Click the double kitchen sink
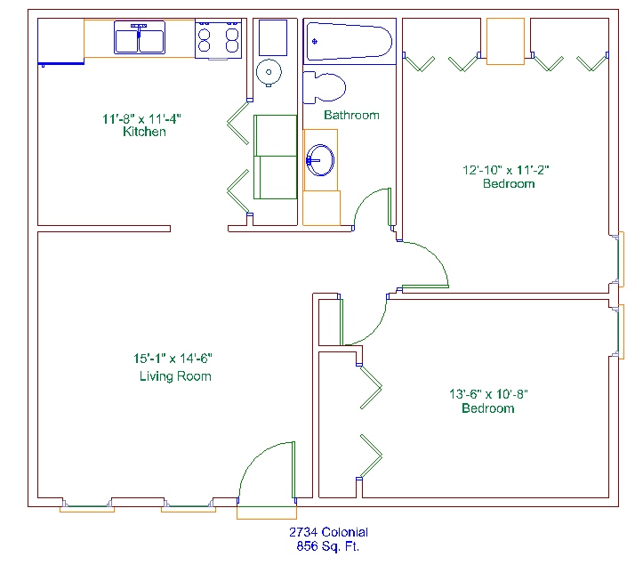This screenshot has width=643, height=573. point(140,37)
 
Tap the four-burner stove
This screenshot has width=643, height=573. point(218,39)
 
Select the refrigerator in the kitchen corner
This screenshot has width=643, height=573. point(60,41)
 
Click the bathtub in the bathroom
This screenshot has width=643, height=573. point(350,41)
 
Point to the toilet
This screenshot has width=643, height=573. point(324,87)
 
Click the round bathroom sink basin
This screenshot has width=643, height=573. point(320,160)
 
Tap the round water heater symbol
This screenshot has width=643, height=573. point(269,73)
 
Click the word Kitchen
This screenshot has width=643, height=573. point(144,132)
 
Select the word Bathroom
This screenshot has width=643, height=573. point(351,115)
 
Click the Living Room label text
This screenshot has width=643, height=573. point(175,376)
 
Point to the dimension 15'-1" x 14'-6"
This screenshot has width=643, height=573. point(173,359)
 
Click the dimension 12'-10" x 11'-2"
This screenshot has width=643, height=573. point(506,170)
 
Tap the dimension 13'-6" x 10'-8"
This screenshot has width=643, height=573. point(488,394)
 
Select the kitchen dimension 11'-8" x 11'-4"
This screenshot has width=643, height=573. point(141,119)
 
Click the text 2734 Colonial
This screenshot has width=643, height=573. point(328,532)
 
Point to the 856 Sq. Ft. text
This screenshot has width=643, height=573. point(327,546)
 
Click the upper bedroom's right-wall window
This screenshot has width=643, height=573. point(620,259)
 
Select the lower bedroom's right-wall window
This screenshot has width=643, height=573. point(620,332)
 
